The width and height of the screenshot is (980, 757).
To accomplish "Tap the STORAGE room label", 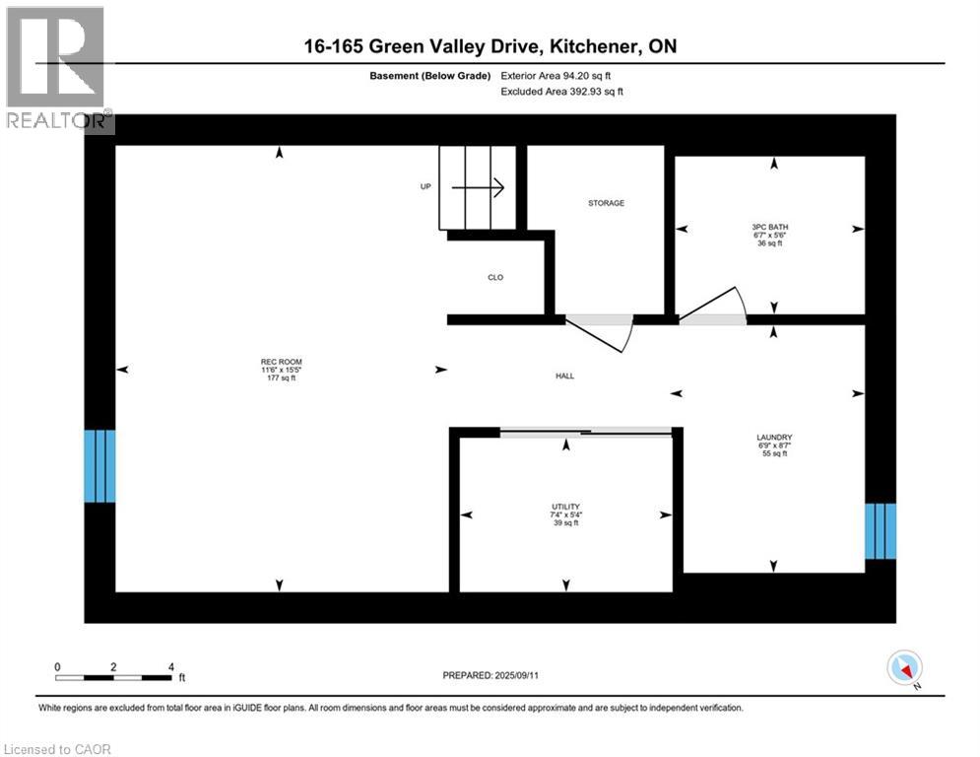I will click(606, 203).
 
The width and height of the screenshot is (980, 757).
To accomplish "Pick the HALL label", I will click(564, 376).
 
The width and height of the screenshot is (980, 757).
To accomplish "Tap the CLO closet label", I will click(495, 278).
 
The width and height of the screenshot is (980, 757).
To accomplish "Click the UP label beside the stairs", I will click(425, 186).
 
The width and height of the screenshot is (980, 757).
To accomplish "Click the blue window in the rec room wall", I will click(99, 465).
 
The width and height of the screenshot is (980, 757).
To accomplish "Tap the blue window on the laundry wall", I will click(881, 531).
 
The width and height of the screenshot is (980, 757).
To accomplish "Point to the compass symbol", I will click(903, 669).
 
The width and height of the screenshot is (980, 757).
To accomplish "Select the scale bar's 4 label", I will click(171, 667).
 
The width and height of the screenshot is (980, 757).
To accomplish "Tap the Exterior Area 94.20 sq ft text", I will click(561, 75).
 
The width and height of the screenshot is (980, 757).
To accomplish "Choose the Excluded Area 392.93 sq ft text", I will click(561, 92).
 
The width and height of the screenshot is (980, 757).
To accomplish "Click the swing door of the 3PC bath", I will click(714, 308).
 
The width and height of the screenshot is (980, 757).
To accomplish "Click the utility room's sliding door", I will click(586, 431).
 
